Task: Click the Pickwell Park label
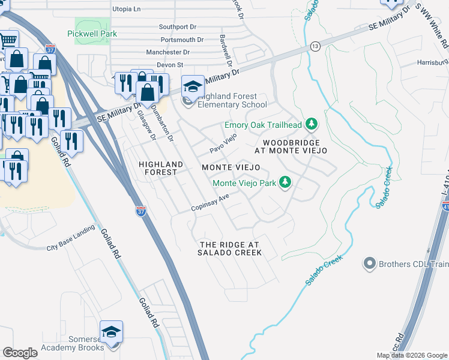pos(92,34)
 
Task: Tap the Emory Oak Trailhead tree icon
pos(311,125)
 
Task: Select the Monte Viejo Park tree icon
pos(286,182)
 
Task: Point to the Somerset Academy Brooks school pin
pos(112,332)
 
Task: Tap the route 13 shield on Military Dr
pos(315,46)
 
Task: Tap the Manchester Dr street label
pos(167,53)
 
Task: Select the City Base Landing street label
pos(71,239)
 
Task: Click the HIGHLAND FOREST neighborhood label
pos(158,168)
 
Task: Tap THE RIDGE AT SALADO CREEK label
pos(230,249)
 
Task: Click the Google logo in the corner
pos(20,353)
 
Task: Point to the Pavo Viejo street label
pos(223,143)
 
